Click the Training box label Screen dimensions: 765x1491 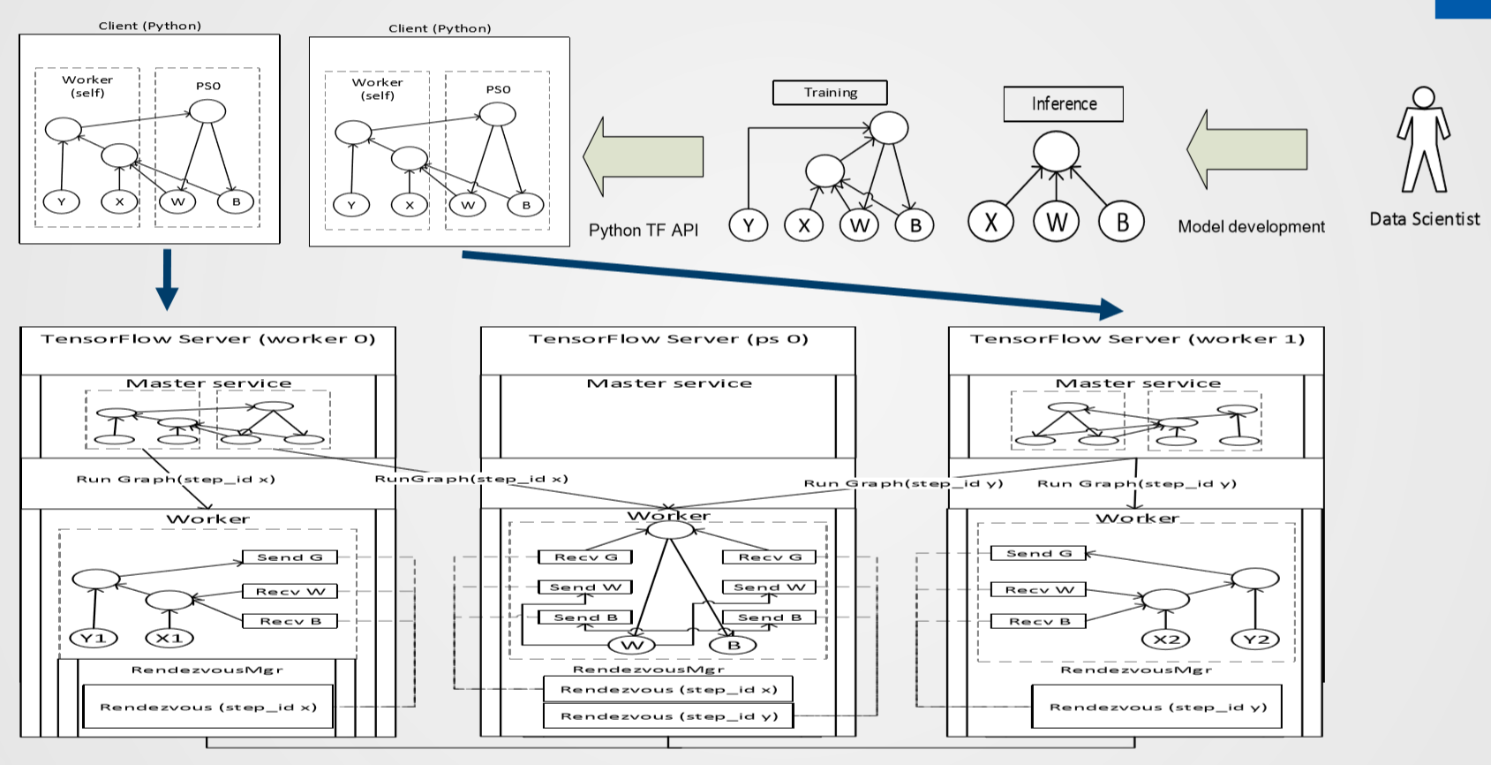coord(830,93)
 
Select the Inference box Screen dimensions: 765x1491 coord(1064,104)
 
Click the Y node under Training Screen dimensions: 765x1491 coord(748,225)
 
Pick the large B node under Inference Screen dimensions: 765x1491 coord(1121,222)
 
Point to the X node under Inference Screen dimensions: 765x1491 coord(990,222)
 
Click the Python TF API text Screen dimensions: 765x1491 coord(643,231)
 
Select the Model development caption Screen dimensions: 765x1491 coord(1251,227)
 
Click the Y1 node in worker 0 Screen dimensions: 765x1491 coord(94,638)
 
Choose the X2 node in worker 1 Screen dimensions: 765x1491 coord(1166,639)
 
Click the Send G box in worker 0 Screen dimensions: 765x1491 coord(290,557)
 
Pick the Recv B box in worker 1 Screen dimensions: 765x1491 coord(1040,621)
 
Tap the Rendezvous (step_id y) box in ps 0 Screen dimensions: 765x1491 coord(668,716)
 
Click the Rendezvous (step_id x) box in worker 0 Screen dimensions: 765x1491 coord(208,708)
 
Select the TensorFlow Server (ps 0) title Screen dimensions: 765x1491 coord(668,339)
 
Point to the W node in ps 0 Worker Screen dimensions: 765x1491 coord(633,645)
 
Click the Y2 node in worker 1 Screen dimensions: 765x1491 coord(1255,639)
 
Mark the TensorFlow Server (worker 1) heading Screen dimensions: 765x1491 coord(1137,339)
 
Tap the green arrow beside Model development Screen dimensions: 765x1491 coord(1246,149)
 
